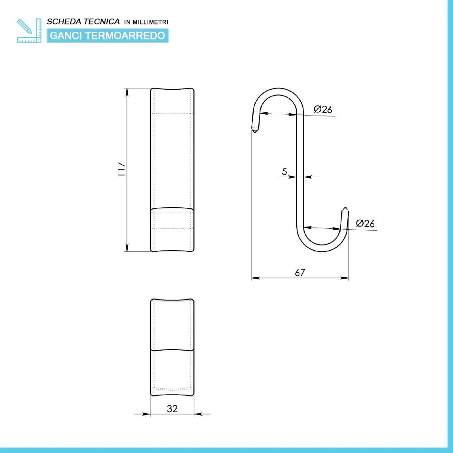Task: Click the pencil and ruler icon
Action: click(29, 30)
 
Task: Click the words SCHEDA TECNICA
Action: click(83, 21)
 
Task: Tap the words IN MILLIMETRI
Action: click(146, 22)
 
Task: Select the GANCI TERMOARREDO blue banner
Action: click(107, 35)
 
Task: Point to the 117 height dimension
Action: click(121, 169)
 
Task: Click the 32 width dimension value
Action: click(172, 408)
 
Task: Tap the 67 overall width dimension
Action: click(300, 272)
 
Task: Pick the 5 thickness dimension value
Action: click(284, 171)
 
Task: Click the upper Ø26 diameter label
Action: click(323, 109)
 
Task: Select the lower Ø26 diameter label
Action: click(365, 223)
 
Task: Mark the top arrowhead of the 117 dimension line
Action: click(127, 91)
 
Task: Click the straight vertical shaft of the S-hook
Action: click(300, 172)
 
